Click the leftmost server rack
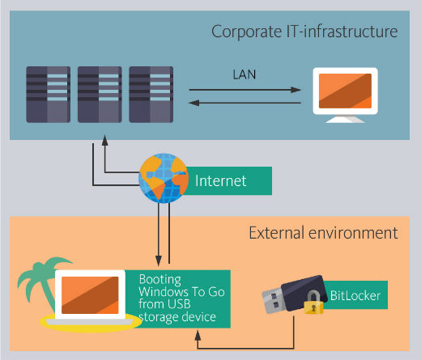point(49,95)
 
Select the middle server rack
point(100,95)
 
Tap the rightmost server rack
point(151,95)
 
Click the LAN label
point(245,74)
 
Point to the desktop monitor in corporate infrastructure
point(345,95)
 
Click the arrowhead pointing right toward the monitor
point(296,90)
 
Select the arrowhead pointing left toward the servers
point(193,103)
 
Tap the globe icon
point(164,178)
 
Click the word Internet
point(220,180)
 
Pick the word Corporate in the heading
point(247,32)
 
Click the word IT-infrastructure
point(342,32)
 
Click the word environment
point(353,233)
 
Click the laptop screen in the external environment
point(90,295)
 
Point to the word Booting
point(159,280)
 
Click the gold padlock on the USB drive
point(313,303)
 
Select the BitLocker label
point(355,295)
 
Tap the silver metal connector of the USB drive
point(273,301)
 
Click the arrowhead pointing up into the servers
point(104,140)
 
